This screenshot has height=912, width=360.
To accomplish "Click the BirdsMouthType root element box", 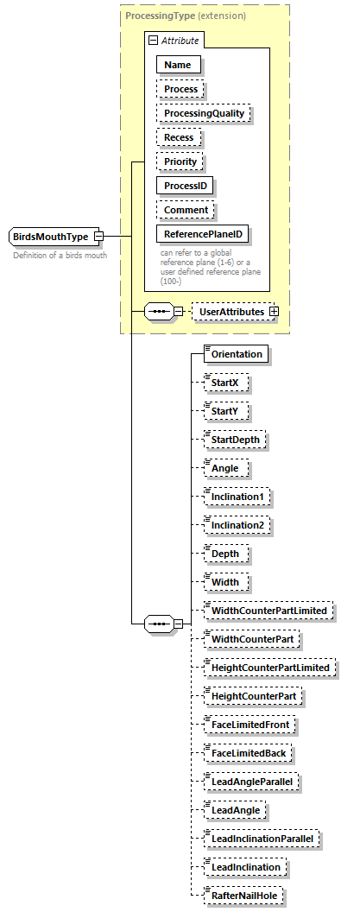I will pos(51,237).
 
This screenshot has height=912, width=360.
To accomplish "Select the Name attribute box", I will pos(178,64).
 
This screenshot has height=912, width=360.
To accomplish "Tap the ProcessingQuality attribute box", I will pos(204,113).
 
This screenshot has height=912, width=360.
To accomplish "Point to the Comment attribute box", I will pos(186,210).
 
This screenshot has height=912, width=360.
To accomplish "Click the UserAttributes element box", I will pos(229,312).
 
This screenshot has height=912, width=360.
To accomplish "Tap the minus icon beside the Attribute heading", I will pos(152,40).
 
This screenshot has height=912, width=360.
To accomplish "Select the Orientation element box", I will pos(236,354).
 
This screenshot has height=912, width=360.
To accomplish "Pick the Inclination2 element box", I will pos(237,525).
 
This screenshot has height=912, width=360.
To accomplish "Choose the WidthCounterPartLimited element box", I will pos(268,611).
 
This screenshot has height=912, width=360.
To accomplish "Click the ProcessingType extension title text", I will pos(185,16).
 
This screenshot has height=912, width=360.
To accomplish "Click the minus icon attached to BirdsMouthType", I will pos(99,237).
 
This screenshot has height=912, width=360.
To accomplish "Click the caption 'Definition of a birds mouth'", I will pos(60,256).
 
